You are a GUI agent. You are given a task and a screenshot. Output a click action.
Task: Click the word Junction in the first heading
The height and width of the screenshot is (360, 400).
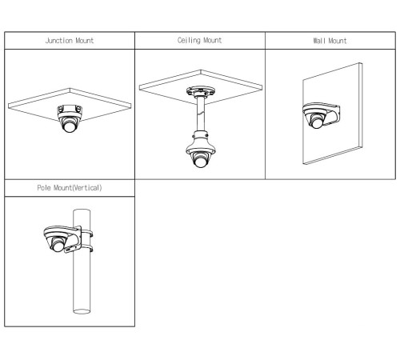pos(59,41)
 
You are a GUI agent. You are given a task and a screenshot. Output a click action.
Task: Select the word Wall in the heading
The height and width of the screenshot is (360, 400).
pos(319,41)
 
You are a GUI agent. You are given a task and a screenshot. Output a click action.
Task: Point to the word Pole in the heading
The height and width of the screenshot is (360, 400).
pos(44,188)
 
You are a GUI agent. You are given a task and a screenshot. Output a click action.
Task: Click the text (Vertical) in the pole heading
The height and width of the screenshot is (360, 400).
pos(87,188)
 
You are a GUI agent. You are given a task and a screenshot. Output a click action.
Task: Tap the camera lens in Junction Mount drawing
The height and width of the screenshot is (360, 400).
pos(70,127)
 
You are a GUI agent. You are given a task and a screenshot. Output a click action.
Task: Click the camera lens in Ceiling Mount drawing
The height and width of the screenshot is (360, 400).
pos(201,162)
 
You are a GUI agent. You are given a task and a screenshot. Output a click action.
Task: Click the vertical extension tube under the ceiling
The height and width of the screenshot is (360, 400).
pos(201,114)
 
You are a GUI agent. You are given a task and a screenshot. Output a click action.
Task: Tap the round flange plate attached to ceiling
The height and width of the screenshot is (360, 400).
pos(201,91)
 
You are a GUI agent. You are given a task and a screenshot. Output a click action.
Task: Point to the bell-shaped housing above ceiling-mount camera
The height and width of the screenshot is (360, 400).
pos(201,142)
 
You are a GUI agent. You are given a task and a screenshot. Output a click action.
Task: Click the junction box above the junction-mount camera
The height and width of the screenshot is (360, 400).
pos(70,110)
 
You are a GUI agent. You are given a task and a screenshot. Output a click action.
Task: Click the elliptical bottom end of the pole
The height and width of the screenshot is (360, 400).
pos(82,311)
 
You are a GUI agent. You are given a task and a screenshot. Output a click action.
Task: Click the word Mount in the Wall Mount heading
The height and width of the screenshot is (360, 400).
pos(338,41)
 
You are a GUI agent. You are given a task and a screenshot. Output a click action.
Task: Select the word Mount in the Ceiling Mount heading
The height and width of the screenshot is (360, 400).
pos(212,40)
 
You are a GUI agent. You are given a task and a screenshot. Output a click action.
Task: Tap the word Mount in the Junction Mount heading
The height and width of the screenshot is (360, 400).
pos(85,41)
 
